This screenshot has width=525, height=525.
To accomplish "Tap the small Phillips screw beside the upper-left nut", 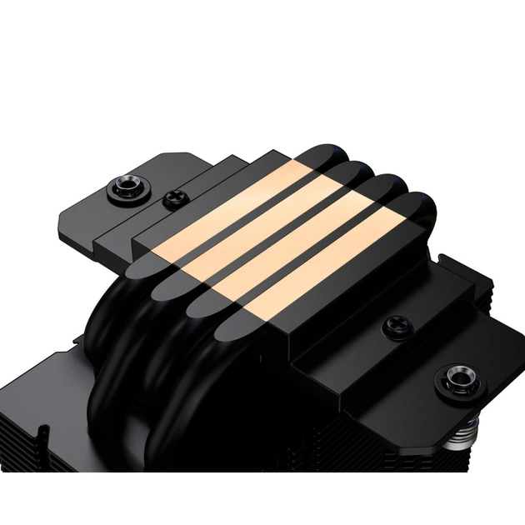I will (x=174, y=198).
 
